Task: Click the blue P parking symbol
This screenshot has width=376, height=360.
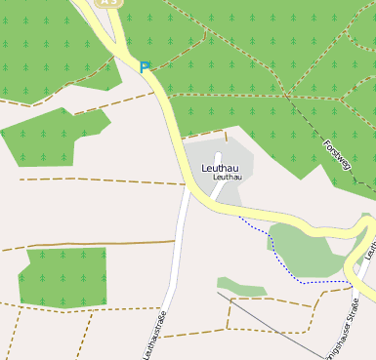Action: [x=146, y=67]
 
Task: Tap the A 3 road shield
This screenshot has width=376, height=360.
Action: [x=108, y=3]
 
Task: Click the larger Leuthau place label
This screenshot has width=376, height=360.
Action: [x=219, y=169]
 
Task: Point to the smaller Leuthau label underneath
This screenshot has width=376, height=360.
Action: [x=227, y=179]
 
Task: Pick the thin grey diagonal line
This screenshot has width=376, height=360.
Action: [x=273, y=322]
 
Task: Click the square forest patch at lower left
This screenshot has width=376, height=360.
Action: [x=64, y=278]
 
